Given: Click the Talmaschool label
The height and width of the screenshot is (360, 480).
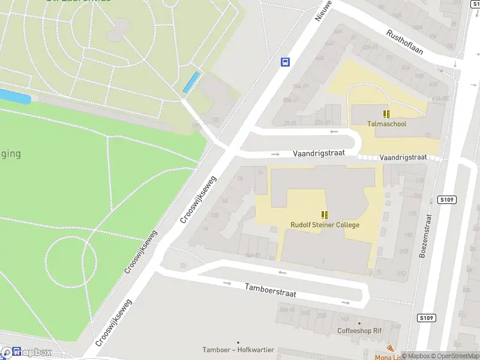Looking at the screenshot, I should point(386,124).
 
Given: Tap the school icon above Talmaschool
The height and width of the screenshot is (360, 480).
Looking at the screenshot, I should point(387,113).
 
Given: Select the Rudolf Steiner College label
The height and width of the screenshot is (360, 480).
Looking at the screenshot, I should point(325,225).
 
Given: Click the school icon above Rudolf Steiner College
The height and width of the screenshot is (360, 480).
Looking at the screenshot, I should point(325,215).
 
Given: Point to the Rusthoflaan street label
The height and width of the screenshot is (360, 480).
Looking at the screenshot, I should point(404,42).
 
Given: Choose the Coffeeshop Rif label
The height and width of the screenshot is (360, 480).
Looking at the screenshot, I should point(359,331).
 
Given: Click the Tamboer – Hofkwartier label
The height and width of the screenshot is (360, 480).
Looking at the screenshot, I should point(238,350).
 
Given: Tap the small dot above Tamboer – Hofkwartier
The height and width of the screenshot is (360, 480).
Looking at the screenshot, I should point(238,342).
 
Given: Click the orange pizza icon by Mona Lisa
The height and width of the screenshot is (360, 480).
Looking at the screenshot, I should point(391,349).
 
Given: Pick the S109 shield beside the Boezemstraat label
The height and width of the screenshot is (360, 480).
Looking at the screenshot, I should point(446,199).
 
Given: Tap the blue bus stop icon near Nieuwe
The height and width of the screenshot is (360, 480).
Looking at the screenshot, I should point(285,62).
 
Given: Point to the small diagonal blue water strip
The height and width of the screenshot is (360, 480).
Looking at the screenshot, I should point(191,82).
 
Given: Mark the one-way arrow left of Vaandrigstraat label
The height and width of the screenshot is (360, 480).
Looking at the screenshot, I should point(275,154).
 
